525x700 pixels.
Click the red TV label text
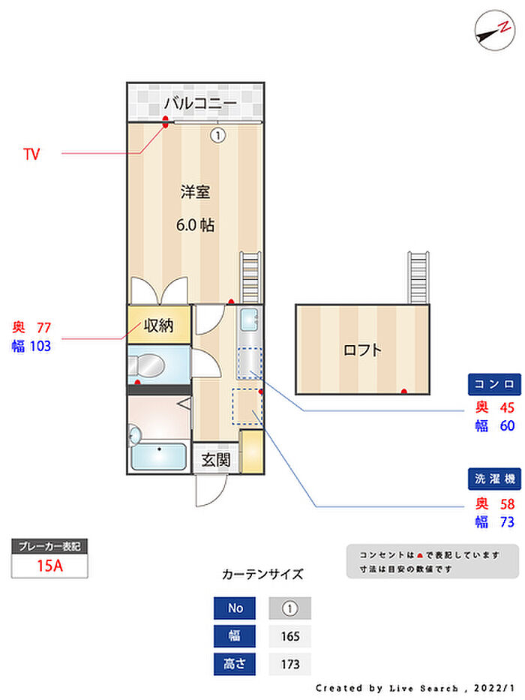click(31, 155)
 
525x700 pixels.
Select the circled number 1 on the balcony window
click(217, 136)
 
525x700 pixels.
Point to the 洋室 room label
click(195, 192)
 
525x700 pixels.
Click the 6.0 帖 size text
click(195, 224)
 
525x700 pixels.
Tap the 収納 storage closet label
click(159, 326)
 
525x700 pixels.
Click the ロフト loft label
click(362, 350)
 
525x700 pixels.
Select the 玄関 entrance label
click(216, 459)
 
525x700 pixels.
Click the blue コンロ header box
click(493, 384)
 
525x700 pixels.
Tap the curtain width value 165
click(289, 637)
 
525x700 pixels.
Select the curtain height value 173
click(289, 664)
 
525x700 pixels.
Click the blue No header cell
click(235, 608)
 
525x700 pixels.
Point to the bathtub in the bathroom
click(158, 456)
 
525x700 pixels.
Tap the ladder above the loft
click(418, 277)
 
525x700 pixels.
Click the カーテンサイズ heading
click(262, 575)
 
